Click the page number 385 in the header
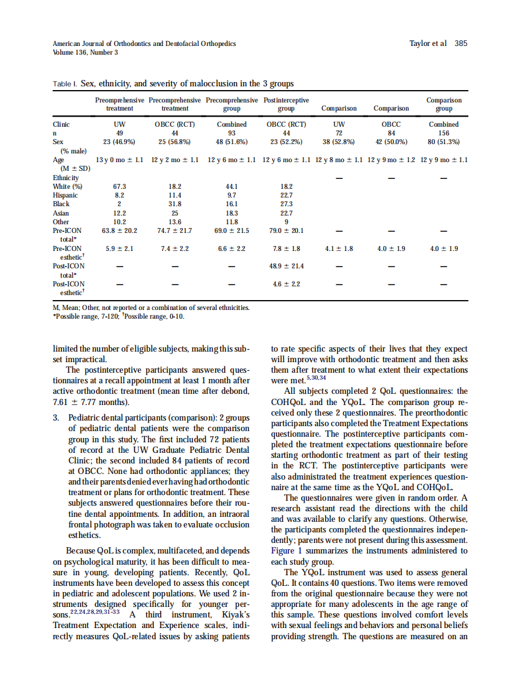click(461, 43)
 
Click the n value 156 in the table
click(444, 133)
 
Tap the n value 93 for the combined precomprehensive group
click(232, 133)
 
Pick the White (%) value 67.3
click(119, 186)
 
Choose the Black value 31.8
click(175, 204)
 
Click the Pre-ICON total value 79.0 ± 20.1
click(286, 230)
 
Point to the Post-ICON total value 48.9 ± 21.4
click(286, 266)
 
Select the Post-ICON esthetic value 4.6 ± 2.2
click(286, 284)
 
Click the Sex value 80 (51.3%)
click(444, 142)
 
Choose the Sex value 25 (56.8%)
click(175, 142)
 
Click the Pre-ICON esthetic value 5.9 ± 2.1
click(119, 248)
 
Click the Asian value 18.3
click(232, 212)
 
